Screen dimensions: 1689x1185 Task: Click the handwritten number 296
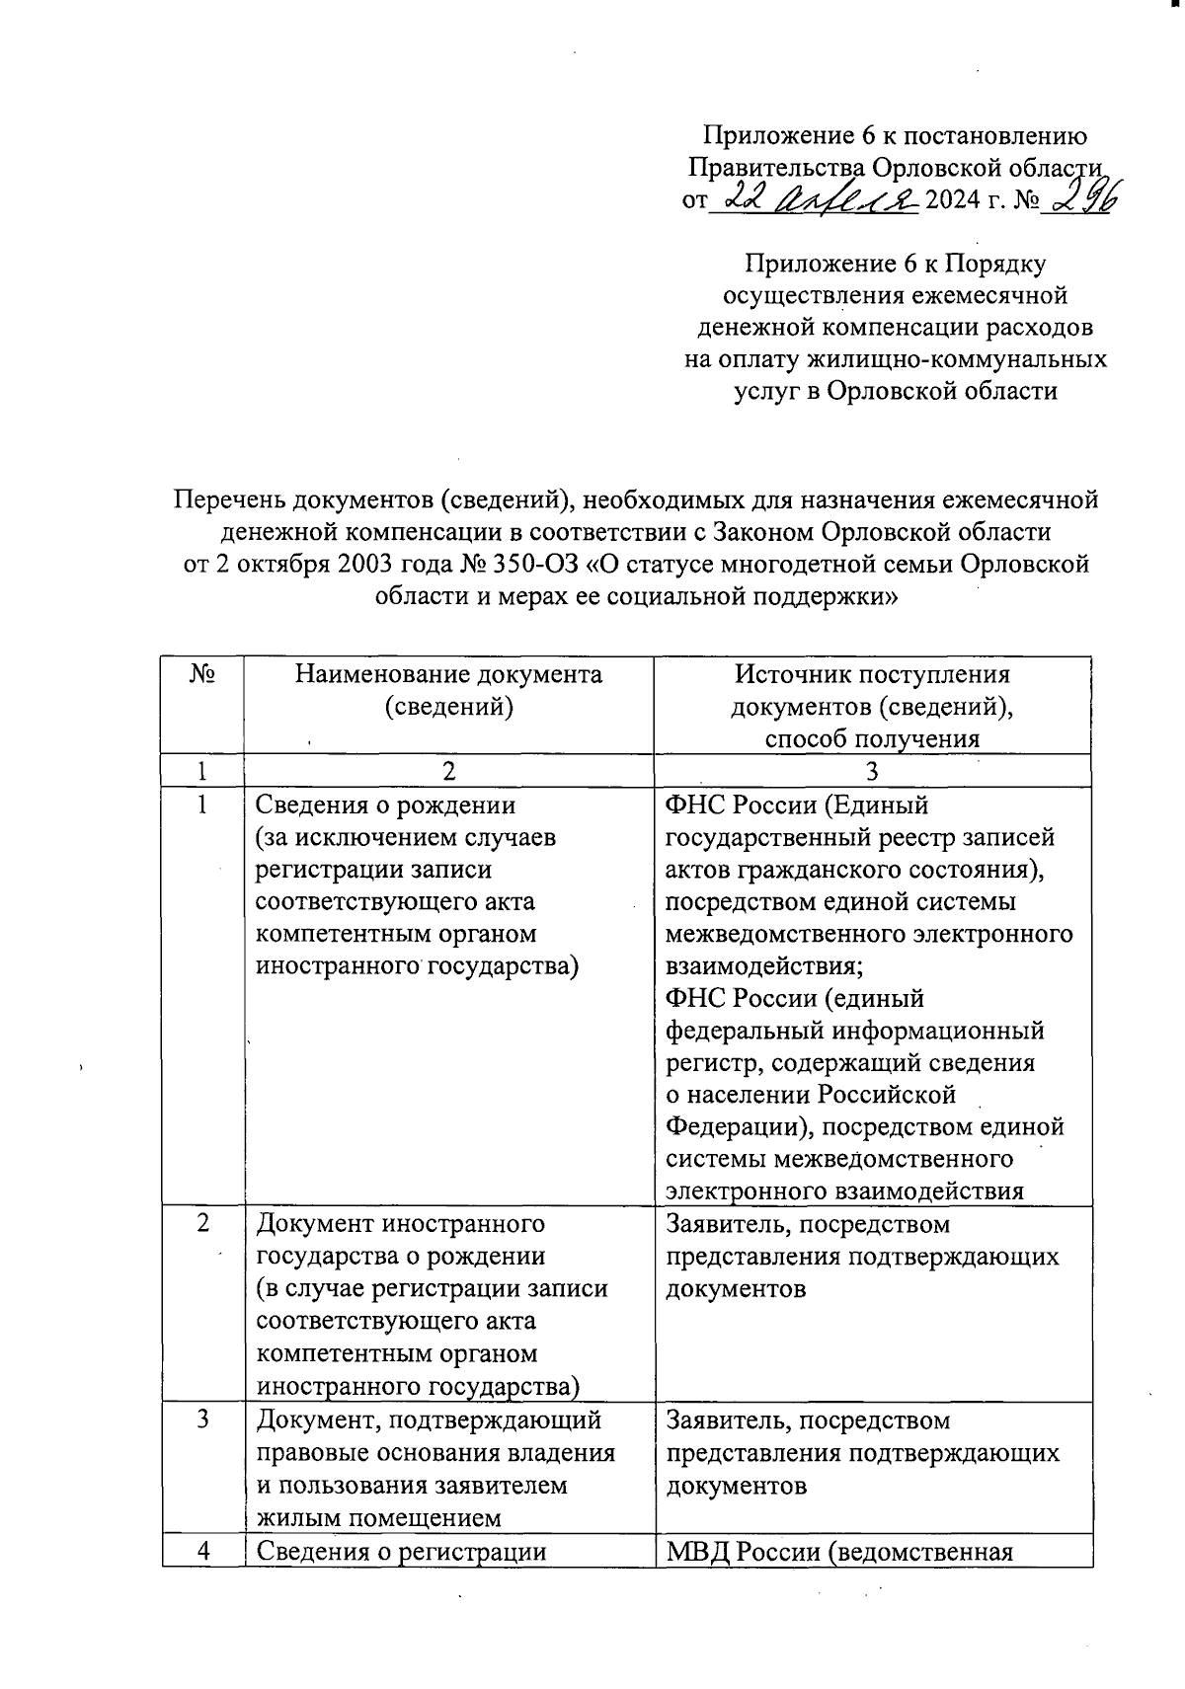1084,200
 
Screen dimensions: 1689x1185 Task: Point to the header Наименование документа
448,675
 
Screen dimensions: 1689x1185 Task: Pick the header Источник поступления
872,675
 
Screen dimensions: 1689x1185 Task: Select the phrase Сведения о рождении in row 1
385,806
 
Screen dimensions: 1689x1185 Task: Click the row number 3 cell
202,1420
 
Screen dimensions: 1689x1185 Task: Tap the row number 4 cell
202,1551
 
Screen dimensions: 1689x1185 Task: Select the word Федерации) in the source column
740,1126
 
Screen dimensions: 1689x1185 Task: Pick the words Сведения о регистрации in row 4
401,1551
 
